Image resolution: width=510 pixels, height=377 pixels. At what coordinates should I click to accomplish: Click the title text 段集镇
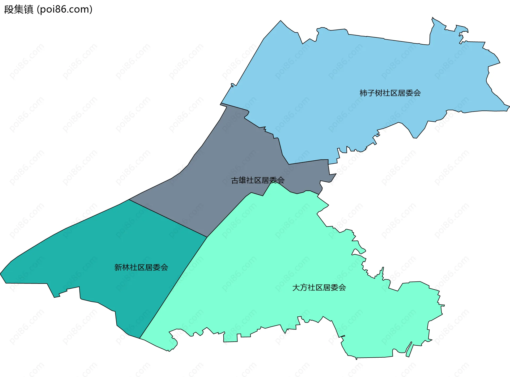click(19, 10)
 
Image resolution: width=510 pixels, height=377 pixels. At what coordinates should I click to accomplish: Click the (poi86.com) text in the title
click(65, 10)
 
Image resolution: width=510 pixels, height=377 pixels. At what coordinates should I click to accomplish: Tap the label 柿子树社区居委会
click(390, 93)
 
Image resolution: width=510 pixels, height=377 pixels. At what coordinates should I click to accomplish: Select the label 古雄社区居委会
click(258, 180)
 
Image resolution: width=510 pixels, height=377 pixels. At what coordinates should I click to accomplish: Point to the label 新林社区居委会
click(141, 267)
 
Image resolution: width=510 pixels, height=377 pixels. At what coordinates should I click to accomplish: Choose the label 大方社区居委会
click(319, 288)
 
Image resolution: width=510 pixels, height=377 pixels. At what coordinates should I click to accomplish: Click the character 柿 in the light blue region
click(363, 93)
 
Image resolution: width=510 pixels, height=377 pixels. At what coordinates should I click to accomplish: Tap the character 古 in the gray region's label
click(235, 180)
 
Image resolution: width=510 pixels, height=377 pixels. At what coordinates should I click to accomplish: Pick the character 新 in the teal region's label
click(118, 267)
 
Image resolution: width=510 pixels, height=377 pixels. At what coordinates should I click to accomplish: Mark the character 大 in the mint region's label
click(296, 288)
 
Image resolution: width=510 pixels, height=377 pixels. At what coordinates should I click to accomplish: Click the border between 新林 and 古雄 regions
click(168, 218)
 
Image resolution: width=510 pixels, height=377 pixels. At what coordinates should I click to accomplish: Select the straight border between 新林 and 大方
click(173, 288)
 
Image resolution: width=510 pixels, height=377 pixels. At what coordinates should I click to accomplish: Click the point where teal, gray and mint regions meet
click(207, 237)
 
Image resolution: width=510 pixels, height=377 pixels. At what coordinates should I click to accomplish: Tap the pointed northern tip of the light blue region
click(280, 21)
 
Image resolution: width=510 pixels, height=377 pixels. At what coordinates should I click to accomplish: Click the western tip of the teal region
click(1, 273)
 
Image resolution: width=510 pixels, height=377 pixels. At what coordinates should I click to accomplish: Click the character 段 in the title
click(9, 10)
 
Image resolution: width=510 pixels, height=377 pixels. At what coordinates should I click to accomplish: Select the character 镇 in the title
click(28, 10)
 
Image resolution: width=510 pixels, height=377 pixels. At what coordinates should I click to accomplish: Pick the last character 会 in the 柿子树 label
click(417, 93)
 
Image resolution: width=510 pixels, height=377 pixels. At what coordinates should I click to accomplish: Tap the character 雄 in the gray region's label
click(243, 180)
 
